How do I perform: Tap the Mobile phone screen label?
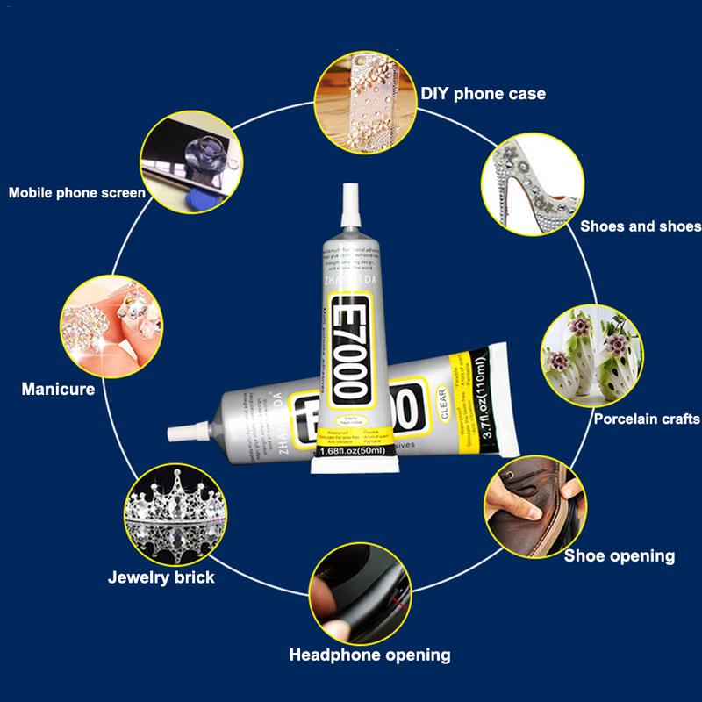76,192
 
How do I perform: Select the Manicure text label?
58,388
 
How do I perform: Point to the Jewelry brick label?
161,578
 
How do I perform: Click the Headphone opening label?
369,655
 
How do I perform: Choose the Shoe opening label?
619,555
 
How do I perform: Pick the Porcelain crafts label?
646,419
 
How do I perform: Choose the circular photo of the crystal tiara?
168,514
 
